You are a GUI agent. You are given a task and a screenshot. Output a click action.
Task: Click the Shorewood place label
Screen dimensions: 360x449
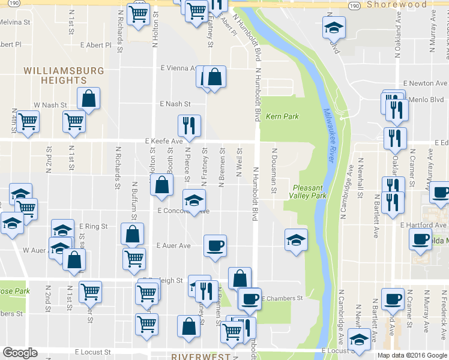[396, 4]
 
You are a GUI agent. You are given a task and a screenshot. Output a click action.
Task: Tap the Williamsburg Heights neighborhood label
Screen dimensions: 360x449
[64, 76]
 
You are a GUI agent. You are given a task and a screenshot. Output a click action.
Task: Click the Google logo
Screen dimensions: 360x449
[20, 353]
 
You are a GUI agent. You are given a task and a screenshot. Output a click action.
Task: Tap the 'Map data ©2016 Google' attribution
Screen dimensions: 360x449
[412, 355]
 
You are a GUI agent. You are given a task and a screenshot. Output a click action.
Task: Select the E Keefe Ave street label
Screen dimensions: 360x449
[163, 141]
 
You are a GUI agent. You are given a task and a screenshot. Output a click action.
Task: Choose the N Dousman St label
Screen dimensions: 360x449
[274, 171]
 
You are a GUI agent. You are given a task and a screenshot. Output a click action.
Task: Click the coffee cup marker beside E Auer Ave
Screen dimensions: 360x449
[215, 245]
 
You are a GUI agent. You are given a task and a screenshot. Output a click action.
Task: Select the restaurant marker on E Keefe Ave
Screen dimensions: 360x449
[189, 126]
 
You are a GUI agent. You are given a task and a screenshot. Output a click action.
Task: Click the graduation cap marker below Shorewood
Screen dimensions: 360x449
[334, 27]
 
